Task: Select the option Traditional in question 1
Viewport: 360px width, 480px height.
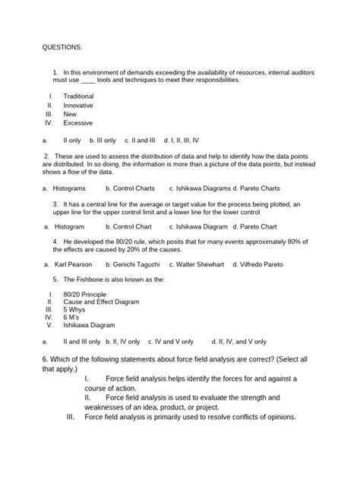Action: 79,96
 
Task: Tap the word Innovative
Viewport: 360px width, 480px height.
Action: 78,105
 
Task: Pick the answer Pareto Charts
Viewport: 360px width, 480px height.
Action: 260,187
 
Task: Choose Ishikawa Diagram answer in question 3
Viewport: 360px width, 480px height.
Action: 200,226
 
